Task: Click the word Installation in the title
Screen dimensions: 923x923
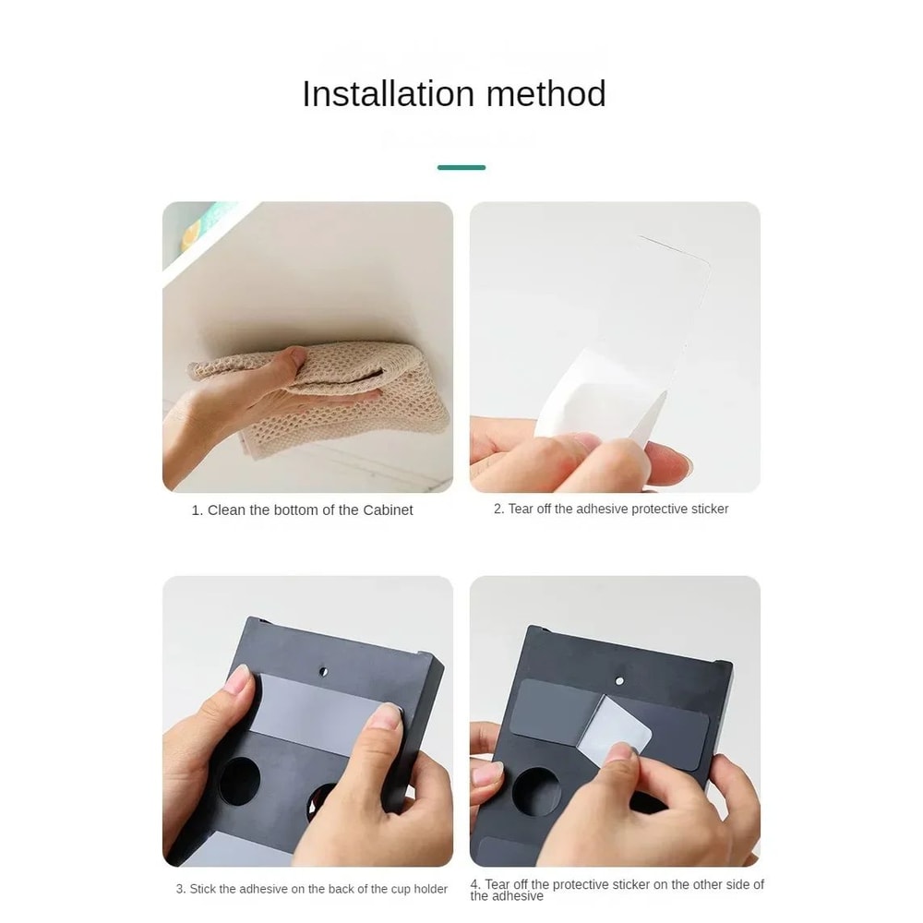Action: (388, 93)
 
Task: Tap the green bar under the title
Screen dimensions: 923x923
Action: (461, 168)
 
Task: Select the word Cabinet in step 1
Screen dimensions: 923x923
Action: (388, 509)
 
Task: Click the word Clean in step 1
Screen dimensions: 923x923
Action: (227, 509)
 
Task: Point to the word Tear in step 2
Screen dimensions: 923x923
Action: (521, 509)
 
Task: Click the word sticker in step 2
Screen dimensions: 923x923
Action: (710, 509)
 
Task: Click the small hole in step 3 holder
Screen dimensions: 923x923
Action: (323, 671)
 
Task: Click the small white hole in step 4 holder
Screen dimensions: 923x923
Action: (619, 681)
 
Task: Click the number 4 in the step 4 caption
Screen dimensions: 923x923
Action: (474, 884)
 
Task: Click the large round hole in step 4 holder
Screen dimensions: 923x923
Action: (536, 792)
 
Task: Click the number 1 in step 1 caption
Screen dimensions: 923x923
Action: (196, 510)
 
